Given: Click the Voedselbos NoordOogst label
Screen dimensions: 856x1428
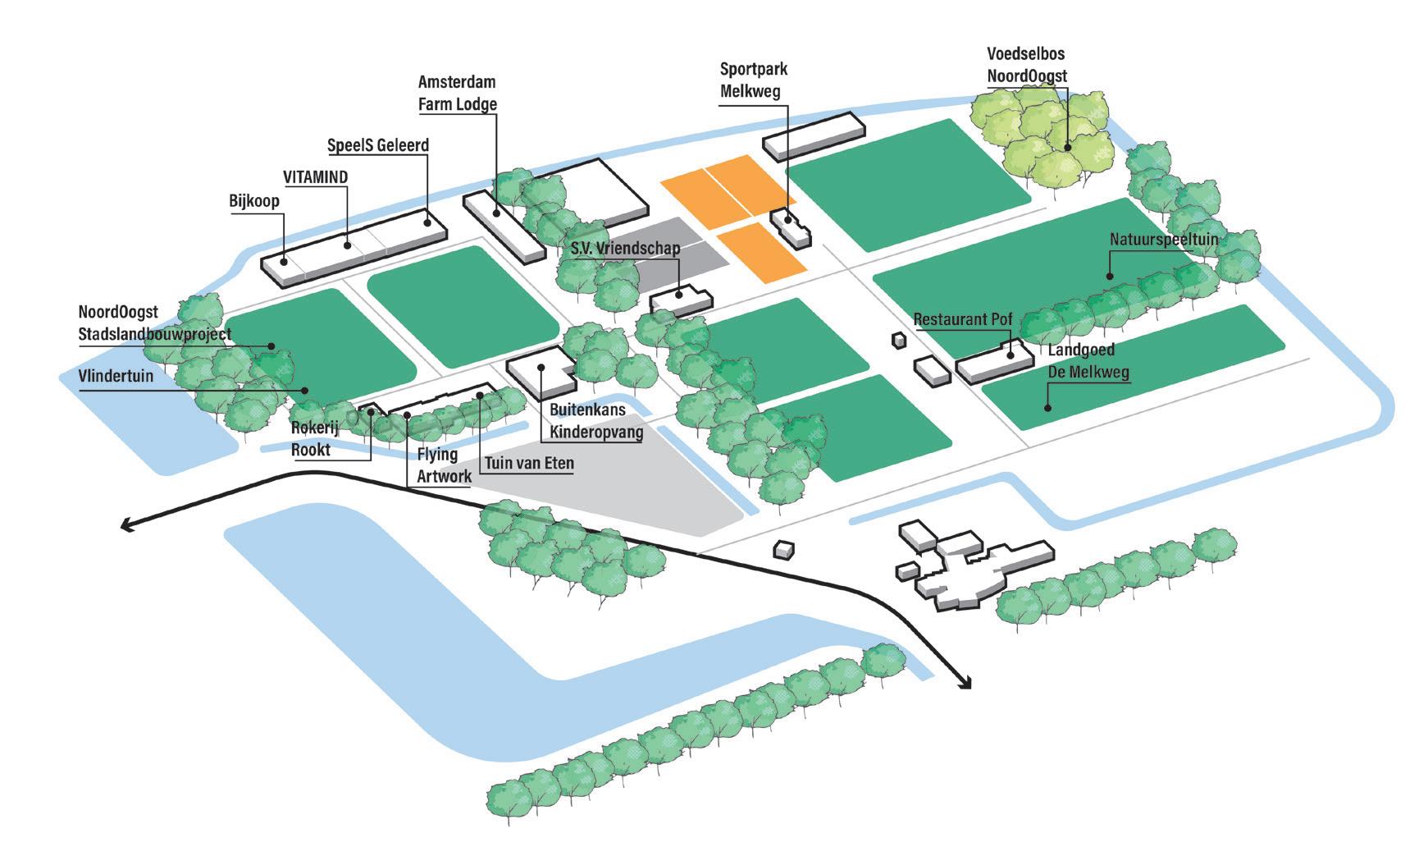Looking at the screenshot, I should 1026,65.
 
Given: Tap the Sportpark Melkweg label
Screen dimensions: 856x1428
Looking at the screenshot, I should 753,80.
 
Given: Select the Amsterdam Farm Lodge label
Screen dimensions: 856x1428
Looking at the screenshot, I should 457,94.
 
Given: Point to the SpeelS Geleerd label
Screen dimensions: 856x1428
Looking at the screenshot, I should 378,145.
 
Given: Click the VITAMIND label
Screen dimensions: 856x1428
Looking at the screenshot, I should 315,177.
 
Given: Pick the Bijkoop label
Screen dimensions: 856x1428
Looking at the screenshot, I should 255,201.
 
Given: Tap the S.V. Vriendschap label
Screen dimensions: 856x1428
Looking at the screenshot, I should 626,248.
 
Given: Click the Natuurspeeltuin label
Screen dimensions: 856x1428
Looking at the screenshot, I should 1163,240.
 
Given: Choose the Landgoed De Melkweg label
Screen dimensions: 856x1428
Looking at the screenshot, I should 1088,361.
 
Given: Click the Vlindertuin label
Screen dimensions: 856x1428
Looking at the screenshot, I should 116,376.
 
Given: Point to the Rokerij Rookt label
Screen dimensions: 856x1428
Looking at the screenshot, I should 315,438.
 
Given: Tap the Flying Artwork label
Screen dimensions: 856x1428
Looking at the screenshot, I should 444,465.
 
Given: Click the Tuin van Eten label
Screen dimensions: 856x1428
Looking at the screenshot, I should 529,464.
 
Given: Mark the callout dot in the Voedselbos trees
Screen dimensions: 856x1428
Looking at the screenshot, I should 1067,148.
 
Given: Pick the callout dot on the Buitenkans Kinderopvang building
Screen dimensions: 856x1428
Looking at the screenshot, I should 541,367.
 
